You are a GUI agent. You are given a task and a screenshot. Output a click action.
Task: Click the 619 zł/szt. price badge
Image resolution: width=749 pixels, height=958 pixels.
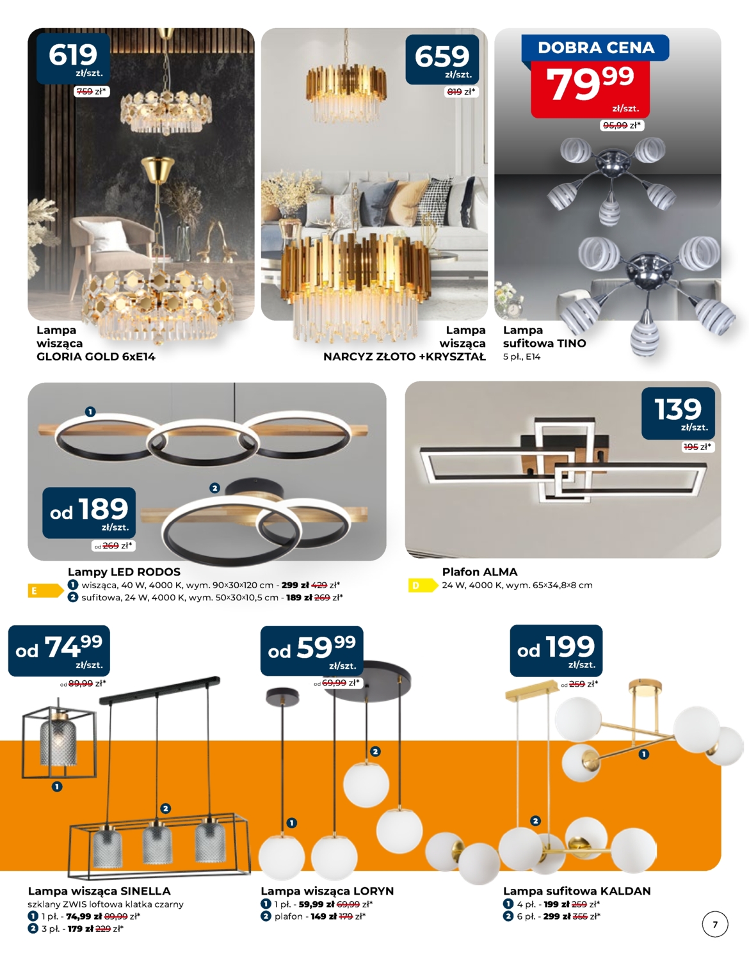(x=73, y=59)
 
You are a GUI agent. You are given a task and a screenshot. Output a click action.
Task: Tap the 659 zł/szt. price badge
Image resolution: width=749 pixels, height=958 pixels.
(x=442, y=60)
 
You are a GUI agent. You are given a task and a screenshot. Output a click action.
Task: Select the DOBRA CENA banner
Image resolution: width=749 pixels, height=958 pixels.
(x=595, y=47)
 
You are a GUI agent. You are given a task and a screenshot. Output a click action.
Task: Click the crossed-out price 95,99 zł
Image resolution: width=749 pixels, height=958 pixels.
(x=615, y=125)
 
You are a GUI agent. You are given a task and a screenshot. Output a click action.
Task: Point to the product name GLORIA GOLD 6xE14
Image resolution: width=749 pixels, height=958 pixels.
(x=96, y=356)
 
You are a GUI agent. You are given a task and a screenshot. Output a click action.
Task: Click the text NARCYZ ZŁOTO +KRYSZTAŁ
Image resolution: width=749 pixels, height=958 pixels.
(x=404, y=356)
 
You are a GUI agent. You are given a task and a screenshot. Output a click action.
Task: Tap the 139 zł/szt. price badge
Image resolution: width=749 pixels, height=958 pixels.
(x=678, y=413)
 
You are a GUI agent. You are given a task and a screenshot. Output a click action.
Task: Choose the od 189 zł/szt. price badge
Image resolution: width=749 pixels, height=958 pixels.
(x=89, y=513)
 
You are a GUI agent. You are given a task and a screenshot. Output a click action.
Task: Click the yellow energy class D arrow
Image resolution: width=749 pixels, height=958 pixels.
(x=423, y=586)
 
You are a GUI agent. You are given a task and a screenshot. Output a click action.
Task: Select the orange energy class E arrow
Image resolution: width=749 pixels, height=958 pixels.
(x=45, y=591)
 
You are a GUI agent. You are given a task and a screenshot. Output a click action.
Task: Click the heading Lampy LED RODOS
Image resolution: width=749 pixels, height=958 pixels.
(x=124, y=572)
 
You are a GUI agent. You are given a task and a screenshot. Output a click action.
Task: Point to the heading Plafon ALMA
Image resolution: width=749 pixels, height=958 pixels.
(x=479, y=572)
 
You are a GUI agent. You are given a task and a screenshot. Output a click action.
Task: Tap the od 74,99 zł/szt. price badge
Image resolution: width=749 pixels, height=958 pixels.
(x=59, y=651)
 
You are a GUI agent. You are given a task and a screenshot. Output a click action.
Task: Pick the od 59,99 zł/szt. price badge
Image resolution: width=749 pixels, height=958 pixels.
(x=312, y=651)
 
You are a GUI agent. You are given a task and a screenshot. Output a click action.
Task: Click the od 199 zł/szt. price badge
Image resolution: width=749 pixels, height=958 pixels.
(x=556, y=650)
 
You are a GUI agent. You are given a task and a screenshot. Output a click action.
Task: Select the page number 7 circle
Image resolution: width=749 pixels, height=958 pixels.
(x=715, y=925)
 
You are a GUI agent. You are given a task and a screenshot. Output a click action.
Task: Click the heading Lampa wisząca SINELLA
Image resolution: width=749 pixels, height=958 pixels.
(x=99, y=891)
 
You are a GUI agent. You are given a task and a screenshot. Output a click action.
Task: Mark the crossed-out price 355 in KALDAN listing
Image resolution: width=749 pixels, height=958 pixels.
(x=580, y=916)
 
